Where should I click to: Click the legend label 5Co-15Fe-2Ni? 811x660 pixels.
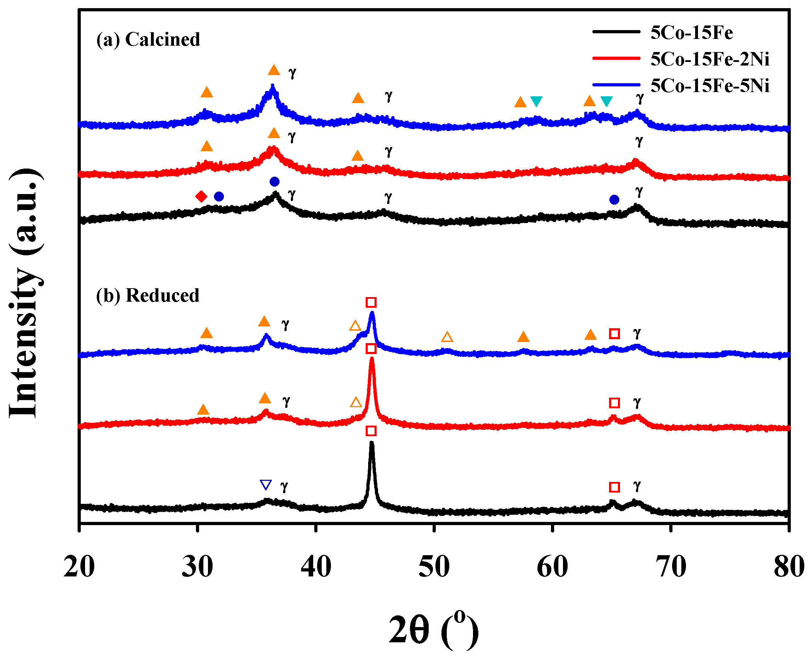coord(709,59)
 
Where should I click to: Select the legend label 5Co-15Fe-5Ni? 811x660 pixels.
coord(709,86)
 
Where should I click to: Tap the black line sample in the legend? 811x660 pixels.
coord(616,32)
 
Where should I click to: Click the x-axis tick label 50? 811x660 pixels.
coord(434,567)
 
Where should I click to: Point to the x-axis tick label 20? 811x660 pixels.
coord(79,567)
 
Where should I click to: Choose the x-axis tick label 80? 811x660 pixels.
coord(789,567)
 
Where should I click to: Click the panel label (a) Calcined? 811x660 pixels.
coord(148,40)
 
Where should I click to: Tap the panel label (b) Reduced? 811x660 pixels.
coord(148,295)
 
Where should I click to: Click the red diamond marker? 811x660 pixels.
coord(201,197)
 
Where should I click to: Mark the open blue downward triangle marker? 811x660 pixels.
coord(265,485)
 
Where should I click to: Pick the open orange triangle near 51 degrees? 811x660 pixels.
coord(447,337)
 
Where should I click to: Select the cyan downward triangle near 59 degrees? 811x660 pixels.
coord(536,101)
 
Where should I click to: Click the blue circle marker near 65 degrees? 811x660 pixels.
coord(614,200)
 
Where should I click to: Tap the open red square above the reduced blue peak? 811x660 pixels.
coord(371,302)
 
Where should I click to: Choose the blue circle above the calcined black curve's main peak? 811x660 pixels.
coord(274,182)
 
